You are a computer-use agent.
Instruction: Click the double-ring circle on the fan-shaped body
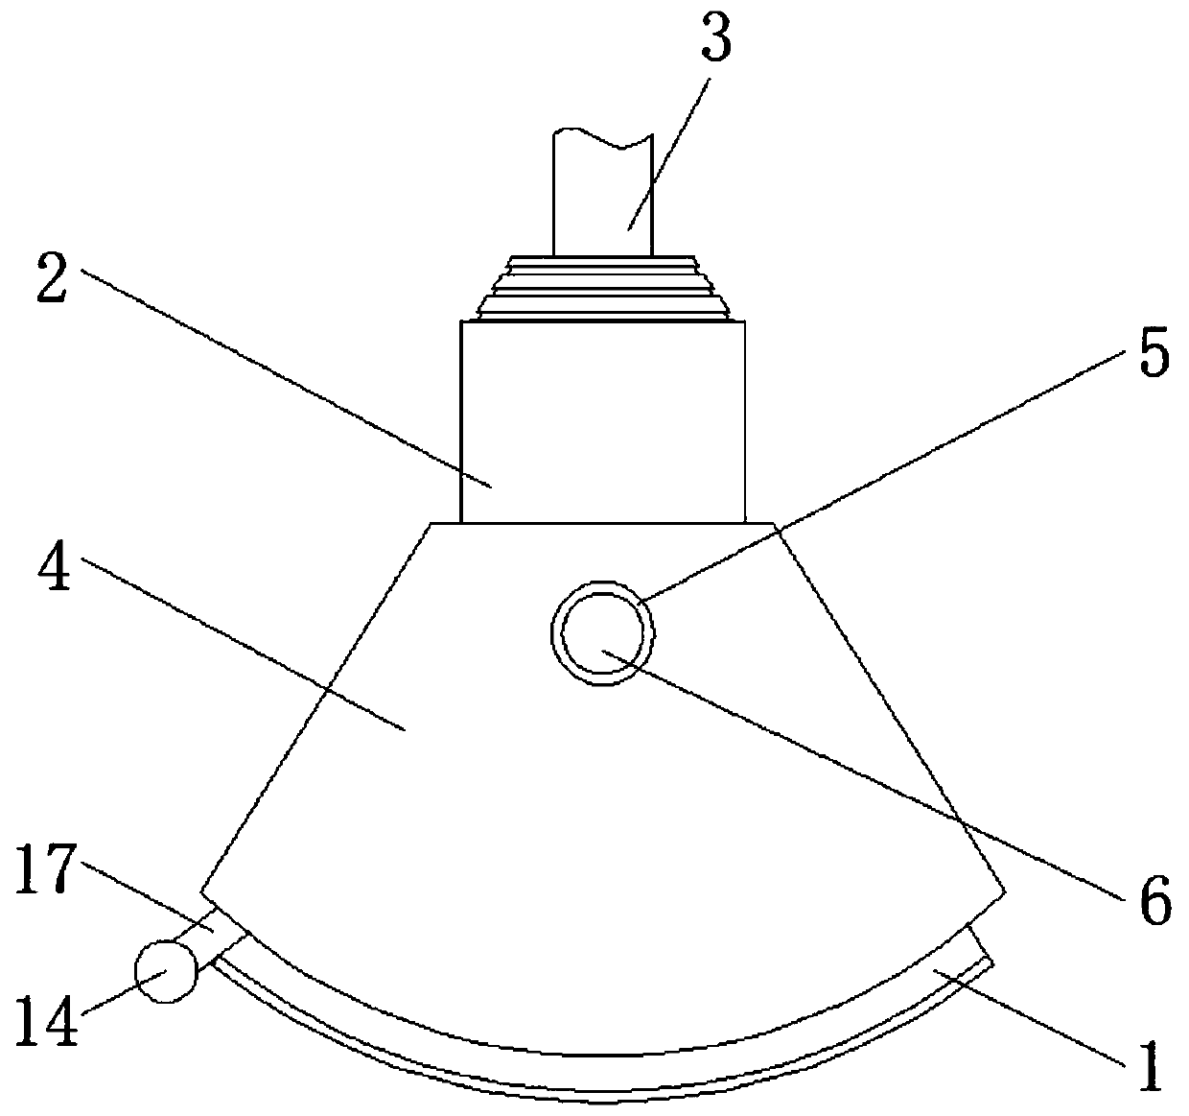click(x=602, y=632)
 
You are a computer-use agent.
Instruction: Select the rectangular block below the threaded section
click(x=602, y=422)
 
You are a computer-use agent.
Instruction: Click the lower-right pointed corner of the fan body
click(x=1005, y=891)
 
